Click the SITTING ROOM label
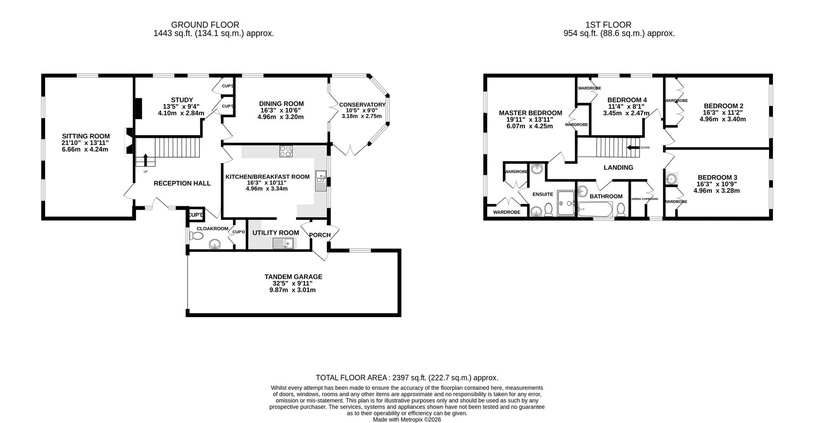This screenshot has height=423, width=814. pyautogui.click(x=85, y=136)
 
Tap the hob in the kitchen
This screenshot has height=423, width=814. pyautogui.click(x=285, y=151)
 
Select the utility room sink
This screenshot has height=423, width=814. pyautogui.click(x=283, y=243)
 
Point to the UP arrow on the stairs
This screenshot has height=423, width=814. pyautogui.click(x=145, y=160)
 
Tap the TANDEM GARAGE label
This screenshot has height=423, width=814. pyautogui.click(x=293, y=277)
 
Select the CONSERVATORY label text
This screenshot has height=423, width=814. pyautogui.click(x=362, y=105)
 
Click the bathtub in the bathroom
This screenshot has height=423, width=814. pyautogui.click(x=595, y=209)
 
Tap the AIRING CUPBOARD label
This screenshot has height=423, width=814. pyautogui.click(x=644, y=199)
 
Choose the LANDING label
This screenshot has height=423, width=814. pyautogui.click(x=618, y=167)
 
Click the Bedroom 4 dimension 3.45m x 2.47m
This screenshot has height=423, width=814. pyautogui.click(x=626, y=113)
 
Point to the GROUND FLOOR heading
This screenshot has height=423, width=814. pyautogui.click(x=205, y=25)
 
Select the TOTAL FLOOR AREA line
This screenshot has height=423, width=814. pyautogui.click(x=407, y=378)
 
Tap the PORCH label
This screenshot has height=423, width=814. pyautogui.click(x=320, y=235)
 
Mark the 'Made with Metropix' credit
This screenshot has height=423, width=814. pyautogui.click(x=407, y=419)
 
